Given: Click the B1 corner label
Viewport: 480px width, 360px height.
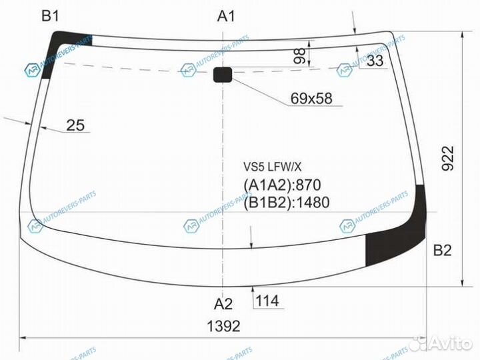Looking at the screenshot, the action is click(x=50, y=15).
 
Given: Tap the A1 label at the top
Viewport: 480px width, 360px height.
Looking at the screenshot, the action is click(x=226, y=15).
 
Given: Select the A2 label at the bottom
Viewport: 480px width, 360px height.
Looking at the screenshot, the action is click(x=223, y=304).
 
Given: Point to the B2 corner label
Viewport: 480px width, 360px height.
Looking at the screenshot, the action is click(x=443, y=251).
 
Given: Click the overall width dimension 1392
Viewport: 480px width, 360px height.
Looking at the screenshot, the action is click(x=223, y=326).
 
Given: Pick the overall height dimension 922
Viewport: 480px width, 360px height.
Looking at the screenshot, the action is click(x=448, y=158).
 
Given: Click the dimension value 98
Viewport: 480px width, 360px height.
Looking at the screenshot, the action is click(x=299, y=56).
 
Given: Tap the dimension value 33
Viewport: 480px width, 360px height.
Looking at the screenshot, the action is click(x=375, y=60).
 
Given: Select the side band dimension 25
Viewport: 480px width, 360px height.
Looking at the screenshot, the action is click(x=75, y=125).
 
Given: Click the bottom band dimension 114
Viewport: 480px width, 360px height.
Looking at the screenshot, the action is click(x=267, y=301).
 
